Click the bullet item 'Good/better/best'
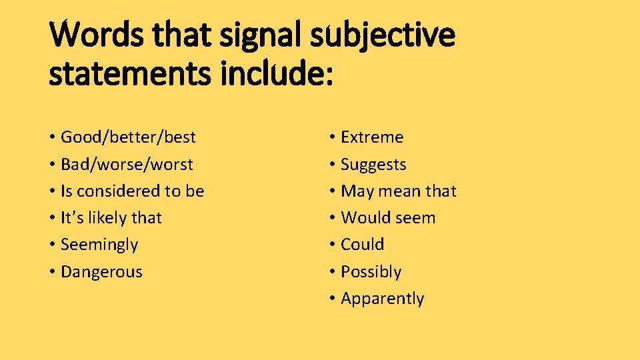[128, 137]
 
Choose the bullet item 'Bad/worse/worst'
[127, 164]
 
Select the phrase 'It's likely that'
[111, 218]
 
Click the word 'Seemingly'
[99, 245]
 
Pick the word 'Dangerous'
[101, 272]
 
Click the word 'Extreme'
[372, 137]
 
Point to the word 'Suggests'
[373, 165]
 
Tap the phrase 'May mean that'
[399, 191]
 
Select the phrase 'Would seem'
[388, 218]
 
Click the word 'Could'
[362, 245]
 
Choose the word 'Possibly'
[371, 272]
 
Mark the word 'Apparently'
[382, 299]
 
